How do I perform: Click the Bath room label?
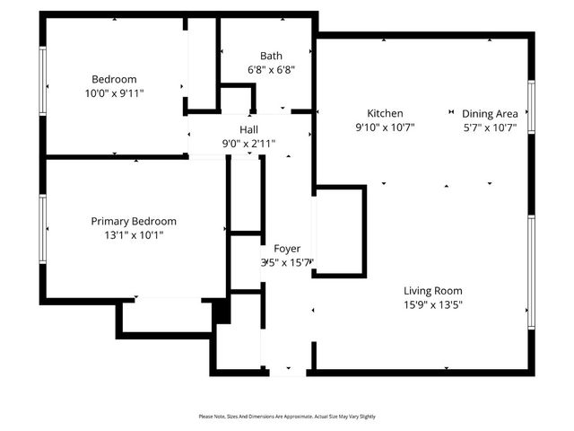click(271, 56)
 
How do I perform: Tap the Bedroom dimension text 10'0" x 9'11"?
click(114, 92)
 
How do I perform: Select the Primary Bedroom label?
click(134, 221)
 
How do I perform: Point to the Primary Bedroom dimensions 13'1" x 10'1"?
click(134, 235)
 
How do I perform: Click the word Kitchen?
click(385, 113)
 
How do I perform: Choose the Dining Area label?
click(490, 113)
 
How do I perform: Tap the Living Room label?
click(432, 291)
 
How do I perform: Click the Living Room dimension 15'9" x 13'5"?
click(432, 304)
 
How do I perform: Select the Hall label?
click(248, 130)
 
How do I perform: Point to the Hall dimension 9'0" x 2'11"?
click(248, 144)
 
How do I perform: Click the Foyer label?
click(287, 248)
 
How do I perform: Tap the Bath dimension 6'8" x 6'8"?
click(271, 69)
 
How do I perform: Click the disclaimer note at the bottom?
click(287, 417)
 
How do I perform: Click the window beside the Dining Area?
click(531, 106)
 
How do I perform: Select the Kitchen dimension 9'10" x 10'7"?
click(385, 127)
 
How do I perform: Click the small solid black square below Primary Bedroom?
click(221, 310)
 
